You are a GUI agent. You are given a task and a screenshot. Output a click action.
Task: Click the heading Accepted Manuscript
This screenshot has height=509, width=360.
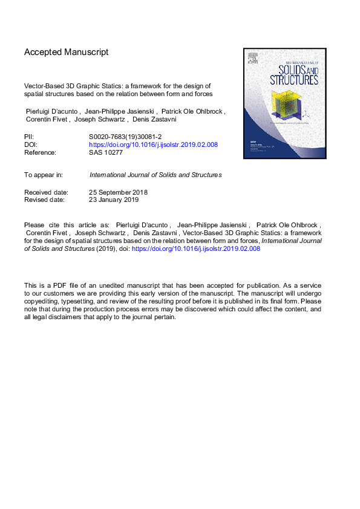click(x=66, y=53)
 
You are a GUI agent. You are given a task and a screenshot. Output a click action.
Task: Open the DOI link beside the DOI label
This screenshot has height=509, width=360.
click(x=153, y=145)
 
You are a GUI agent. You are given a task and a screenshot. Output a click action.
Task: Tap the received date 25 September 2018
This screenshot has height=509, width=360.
click(x=119, y=192)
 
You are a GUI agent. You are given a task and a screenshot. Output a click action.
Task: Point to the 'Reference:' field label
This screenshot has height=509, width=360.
click(x=40, y=153)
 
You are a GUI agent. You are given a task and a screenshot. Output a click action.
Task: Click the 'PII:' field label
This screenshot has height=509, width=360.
click(x=30, y=137)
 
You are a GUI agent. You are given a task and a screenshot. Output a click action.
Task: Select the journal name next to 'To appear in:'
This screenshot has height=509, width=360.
click(x=155, y=175)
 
